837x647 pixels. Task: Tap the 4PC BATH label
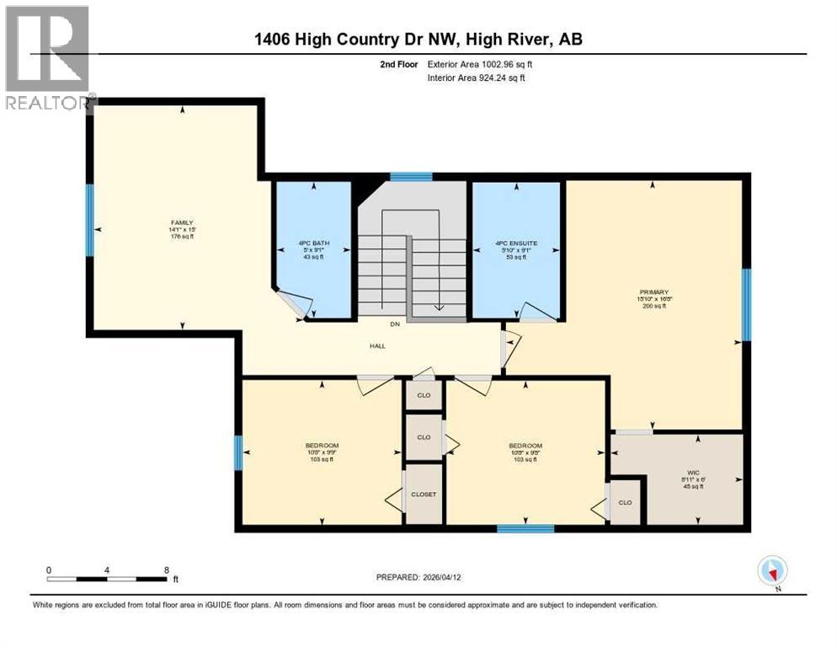[x=314, y=243]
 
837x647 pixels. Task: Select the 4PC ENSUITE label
[x=516, y=243]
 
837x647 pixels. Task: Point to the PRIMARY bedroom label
[x=653, y=291]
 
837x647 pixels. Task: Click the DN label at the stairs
[x=392, y=325]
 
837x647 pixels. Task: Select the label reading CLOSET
[x=424, y=494]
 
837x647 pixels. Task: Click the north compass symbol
[x=772, y=571]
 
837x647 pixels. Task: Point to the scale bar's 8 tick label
[x=167, y=569]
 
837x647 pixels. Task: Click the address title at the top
[x=418, y=39]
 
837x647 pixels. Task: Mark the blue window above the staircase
[x=412, y=177]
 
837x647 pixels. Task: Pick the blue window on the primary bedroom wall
[x=745, y=304]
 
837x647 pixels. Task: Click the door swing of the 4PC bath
[x=291, y=304]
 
